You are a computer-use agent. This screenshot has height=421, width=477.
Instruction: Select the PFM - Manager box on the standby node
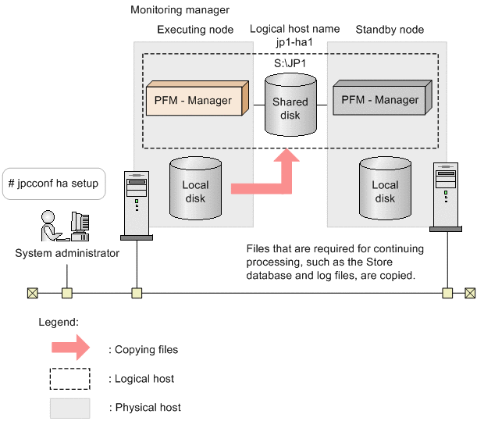379,101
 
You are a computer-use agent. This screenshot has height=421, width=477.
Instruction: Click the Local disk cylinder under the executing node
194,190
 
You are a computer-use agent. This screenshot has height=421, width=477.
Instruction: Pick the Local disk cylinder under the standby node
384,190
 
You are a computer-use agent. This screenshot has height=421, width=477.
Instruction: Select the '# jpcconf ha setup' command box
53,184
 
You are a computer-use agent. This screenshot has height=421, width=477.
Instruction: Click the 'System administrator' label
67,253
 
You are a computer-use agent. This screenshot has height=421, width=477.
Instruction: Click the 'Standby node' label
390,30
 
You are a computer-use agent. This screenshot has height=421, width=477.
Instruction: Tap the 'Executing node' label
195,30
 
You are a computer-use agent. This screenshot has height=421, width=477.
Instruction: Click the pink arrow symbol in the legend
69,349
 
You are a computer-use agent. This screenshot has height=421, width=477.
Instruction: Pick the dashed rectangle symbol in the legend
69,379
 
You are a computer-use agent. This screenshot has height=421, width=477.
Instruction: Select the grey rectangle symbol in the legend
69,407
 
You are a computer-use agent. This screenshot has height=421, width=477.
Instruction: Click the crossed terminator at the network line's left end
32,294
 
